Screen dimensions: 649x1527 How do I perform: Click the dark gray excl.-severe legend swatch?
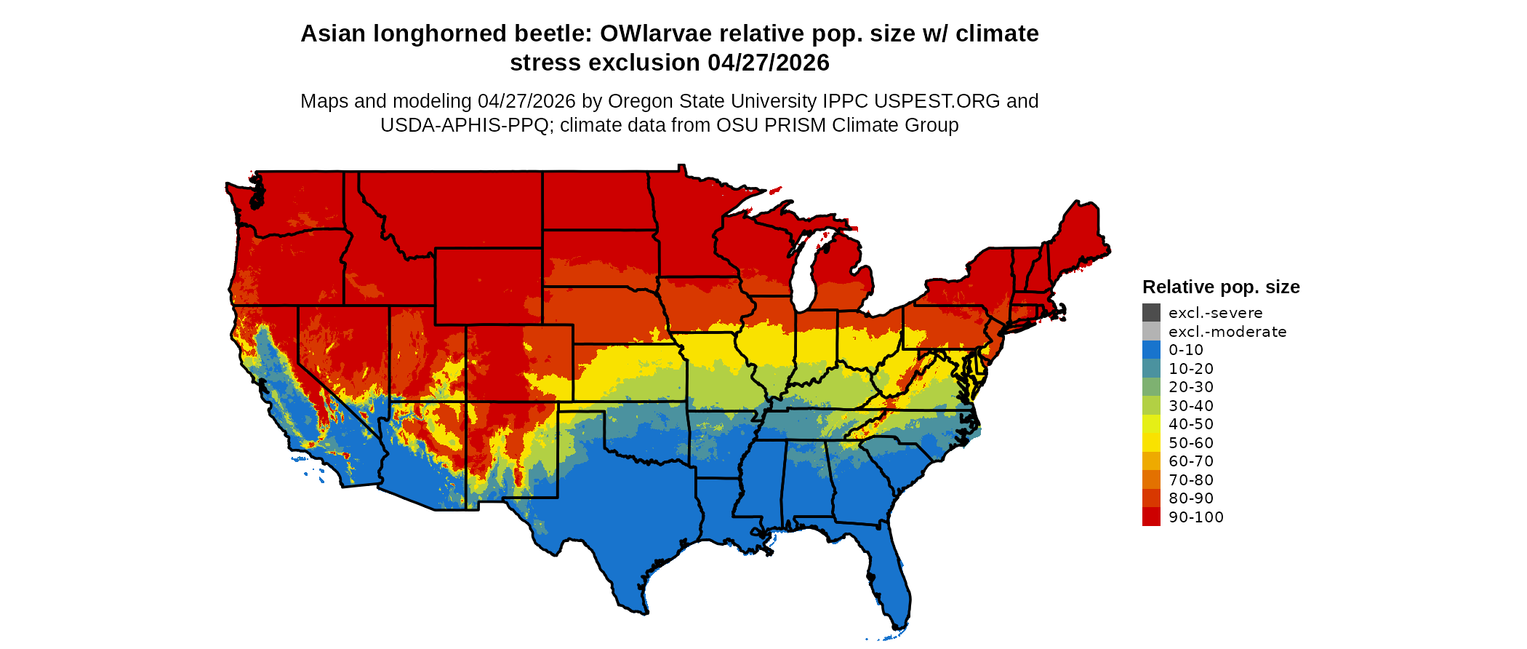pyautogui.click(x=1151, y=313)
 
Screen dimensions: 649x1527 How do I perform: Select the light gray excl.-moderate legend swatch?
pyautogui.click(x=1151, y=331)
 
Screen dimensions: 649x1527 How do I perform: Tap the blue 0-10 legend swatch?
pyautogui.click(x=1151, y=350)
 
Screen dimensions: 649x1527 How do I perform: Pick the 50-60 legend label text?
pyautogui.click(x=1191, y=443)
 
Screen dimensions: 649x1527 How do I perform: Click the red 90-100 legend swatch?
pyautogui.click(x=1151, y=517)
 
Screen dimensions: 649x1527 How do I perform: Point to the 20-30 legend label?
pyautogui.click(x=1191, y=387)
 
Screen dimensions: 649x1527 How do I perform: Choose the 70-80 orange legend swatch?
pyautogui.click(x=1151, y=479)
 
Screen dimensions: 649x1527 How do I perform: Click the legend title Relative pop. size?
pyautogui.click(x=1221, y=287)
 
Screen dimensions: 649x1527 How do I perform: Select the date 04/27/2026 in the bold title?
pyautogui.click(x=768, y=63)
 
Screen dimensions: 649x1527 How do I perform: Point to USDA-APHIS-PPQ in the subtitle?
pyautogui.click(x=464, y=125)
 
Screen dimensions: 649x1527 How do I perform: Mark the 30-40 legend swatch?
pyautogui.click(x=1151, y=405)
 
